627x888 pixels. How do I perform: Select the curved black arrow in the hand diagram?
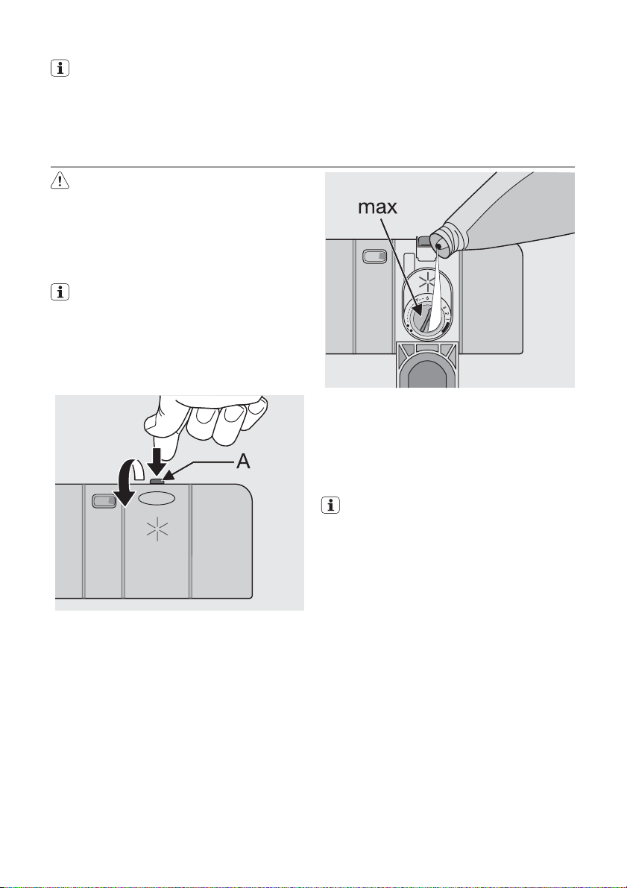[x=120, y=491]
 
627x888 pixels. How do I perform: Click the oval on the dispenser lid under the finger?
[x=157, y=497]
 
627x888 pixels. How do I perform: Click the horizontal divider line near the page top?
[x=313, y=167]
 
